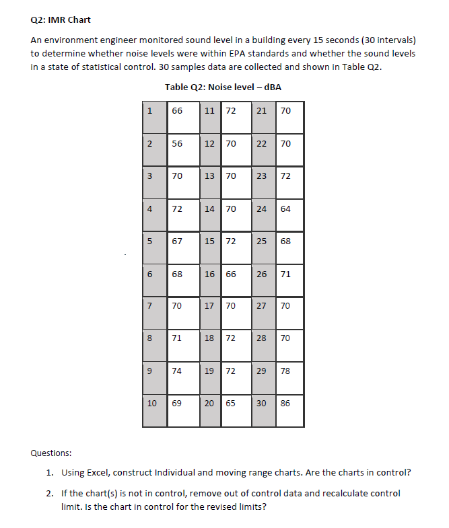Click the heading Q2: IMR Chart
point(61,20)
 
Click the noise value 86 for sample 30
point(285,403)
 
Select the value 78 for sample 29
point(285,371)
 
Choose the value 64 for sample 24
point(285,209)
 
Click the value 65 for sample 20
point(231,403)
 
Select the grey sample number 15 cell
point(209,241)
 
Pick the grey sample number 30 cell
point(263,403)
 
